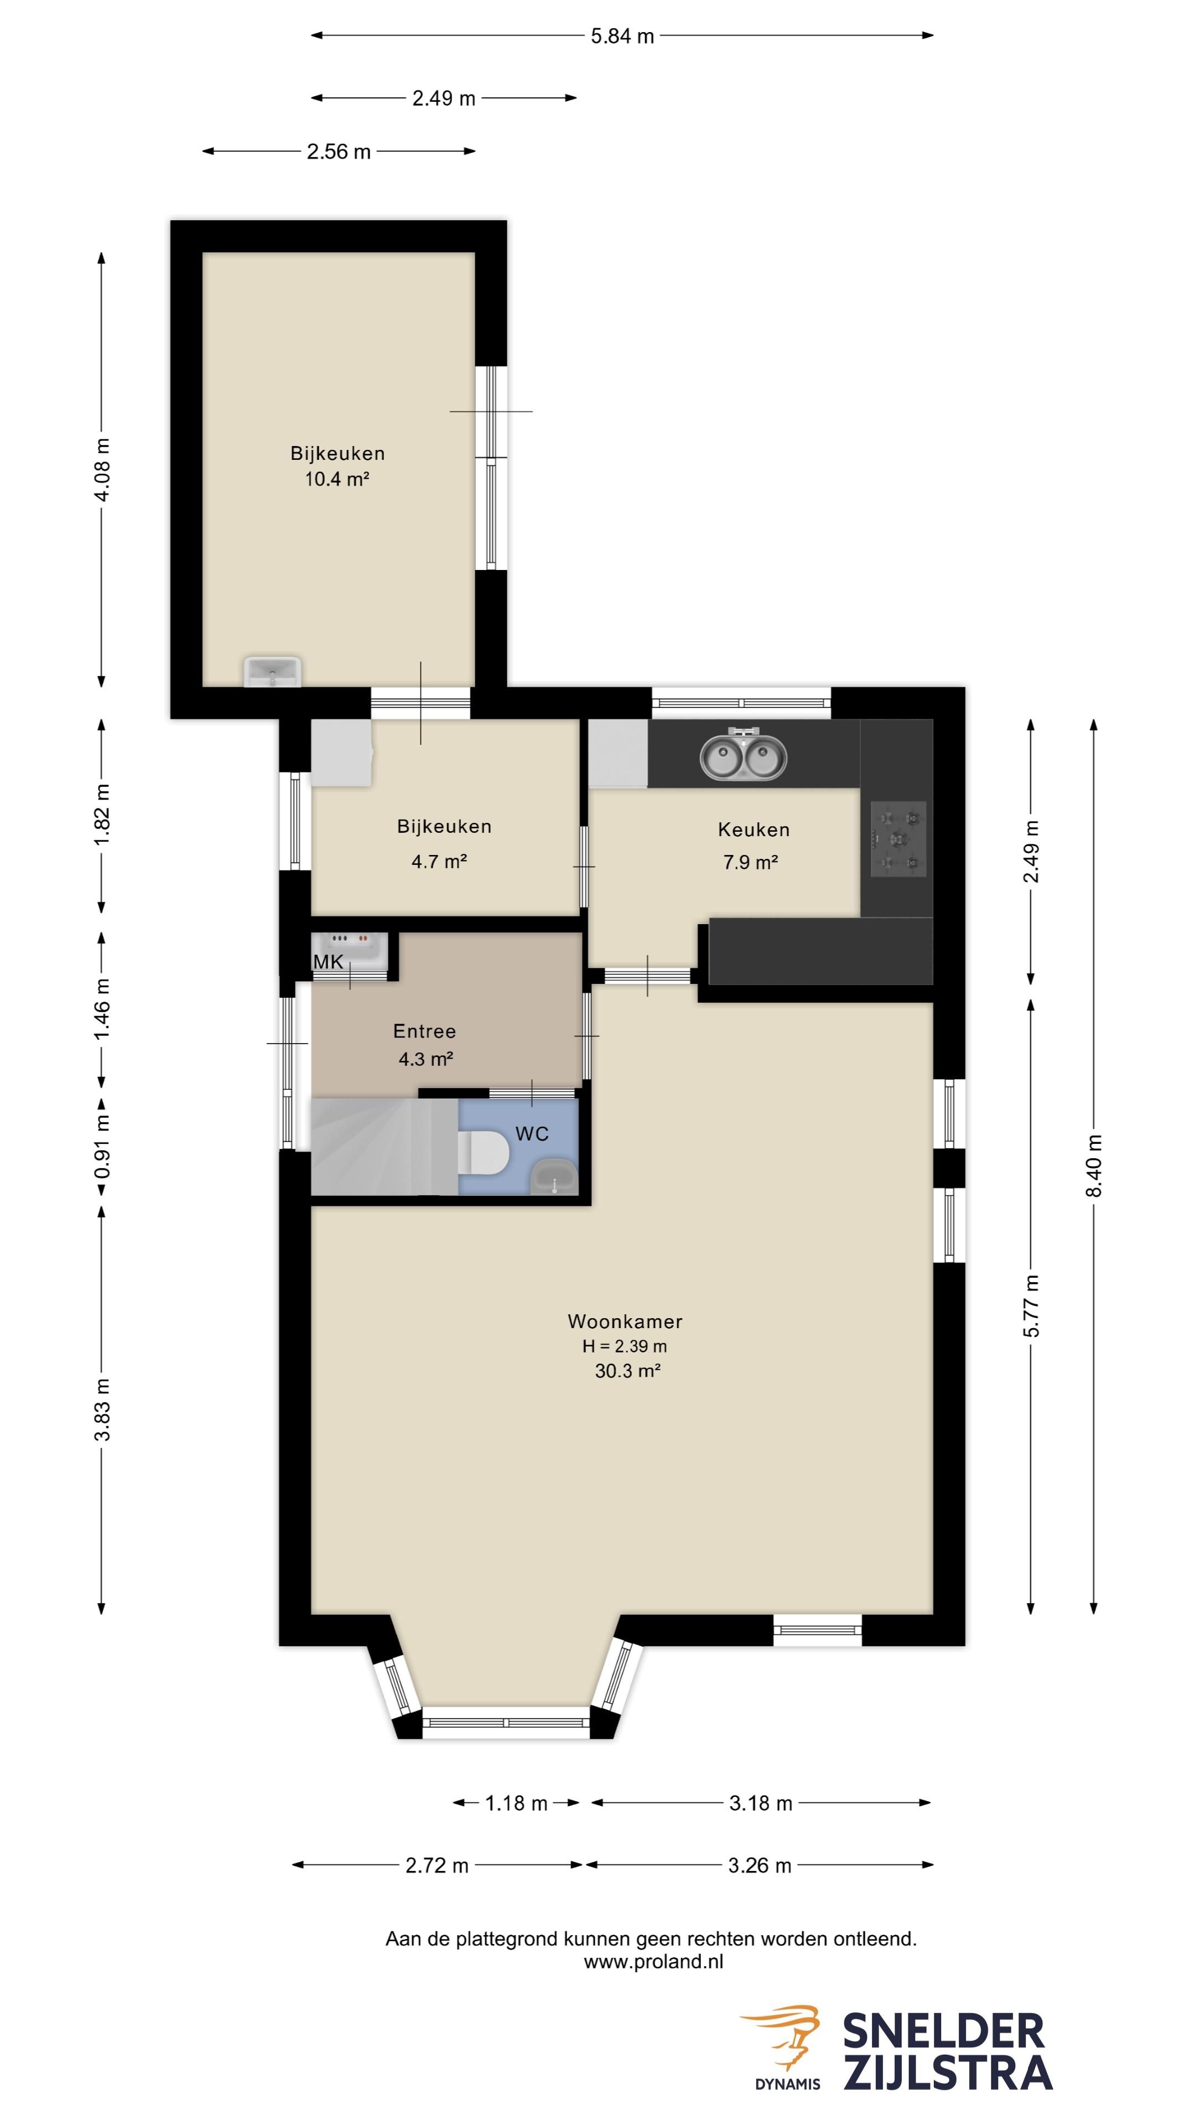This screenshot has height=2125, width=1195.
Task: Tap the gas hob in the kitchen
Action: [x=898, y=839]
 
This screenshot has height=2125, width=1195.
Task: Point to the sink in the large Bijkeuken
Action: [x=273, y=671]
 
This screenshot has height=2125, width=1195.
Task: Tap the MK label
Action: [x=328, y=962]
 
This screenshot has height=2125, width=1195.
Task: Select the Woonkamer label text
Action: [x=625, y=1321]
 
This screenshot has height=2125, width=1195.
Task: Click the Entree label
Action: [x=425, y=1031]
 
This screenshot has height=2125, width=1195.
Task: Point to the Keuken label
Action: [x=754, y=830]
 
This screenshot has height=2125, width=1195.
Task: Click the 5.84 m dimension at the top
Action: [x=622, y=35]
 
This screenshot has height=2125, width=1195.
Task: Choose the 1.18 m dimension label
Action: [x=516, y=1803]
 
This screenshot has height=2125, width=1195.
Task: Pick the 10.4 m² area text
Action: [x=336, y=479]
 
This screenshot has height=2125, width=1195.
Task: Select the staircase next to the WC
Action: [x=385, y=1147]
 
